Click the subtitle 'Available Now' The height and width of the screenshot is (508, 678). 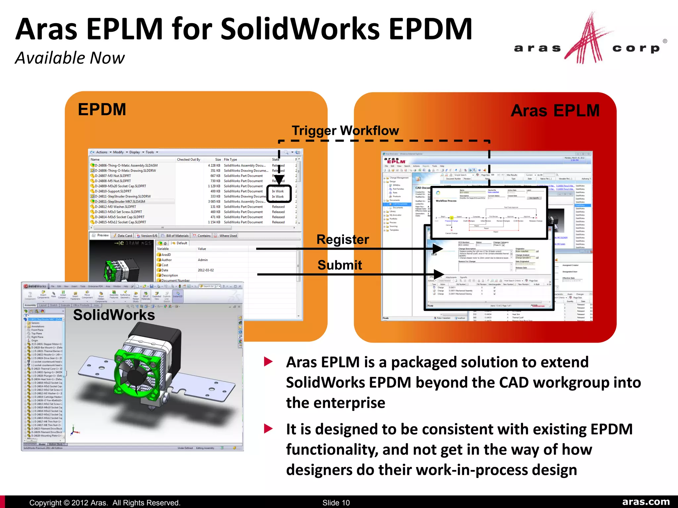[x=70, y=58]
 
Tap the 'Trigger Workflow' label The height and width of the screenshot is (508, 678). [x=345, y=131]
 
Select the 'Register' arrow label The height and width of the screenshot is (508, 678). [x=343, y=239]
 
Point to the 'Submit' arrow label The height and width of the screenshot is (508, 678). [x=340, y=265]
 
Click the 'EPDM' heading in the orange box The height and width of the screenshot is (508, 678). [x=102, y=109]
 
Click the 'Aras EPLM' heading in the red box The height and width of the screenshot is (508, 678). [x=555, y=110]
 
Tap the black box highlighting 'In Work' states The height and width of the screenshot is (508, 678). [x=279, y=194]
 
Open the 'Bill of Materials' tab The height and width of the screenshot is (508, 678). [x=177, y=236]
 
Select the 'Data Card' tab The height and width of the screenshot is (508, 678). [x=124, y=236]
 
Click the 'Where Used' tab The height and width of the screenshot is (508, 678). [x=228, y=236]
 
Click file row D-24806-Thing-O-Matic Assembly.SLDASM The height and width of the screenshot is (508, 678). [x=126, y=165]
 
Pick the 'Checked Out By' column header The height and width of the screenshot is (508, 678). [x=188, y=159]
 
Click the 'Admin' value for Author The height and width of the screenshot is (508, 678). [x=203, y=260]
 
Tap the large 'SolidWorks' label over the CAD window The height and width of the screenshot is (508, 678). [x=114, y=315]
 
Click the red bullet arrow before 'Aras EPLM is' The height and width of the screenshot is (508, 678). [x=268, y=362]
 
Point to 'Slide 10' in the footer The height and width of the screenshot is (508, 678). [x=336, y=503]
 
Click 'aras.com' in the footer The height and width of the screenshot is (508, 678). [x=646, y=502]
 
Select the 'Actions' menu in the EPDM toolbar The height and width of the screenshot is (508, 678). [x=102, y=152]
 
